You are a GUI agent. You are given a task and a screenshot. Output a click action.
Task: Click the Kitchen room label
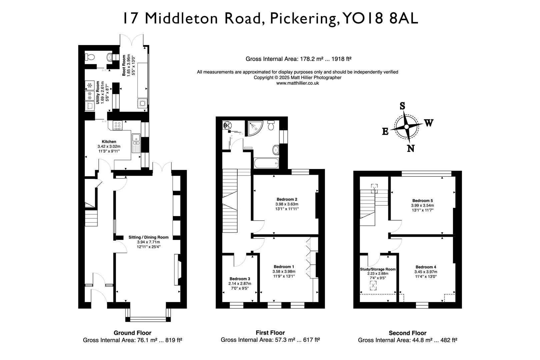click(109, 142)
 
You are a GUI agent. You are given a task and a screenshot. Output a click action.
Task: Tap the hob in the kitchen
click(118, 125)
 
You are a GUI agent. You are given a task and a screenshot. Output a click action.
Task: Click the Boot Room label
click(123, 66)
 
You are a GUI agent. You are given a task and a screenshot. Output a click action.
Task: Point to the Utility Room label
click(98, 93)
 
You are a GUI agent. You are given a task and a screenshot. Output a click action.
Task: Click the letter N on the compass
click(411, 148)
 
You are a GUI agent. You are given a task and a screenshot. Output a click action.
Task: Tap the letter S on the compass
click(402, 106)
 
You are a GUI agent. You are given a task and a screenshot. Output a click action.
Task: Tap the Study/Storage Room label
click(378, 269)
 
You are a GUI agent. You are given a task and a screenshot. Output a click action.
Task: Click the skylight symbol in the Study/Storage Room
click(374, 285)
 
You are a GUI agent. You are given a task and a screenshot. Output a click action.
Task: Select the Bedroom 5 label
click(422, 201)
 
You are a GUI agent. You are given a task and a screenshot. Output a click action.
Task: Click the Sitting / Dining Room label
click(148, 237)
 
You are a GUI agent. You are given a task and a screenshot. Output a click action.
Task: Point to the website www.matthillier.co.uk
click(297, 83)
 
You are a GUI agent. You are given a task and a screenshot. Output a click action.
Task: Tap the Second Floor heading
click(407, 333)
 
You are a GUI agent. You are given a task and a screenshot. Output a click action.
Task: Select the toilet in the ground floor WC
click(110, 58)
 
